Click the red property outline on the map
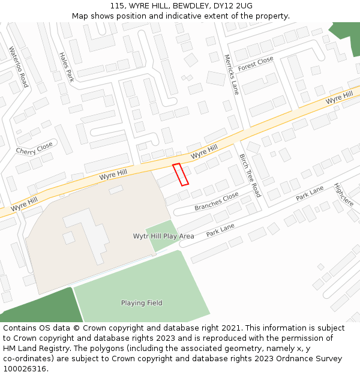pyautogui.click(x=181, y=174)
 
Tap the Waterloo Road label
pyautogui.click(x=19, y=67)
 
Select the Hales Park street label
pyautogui.click(x=67, y=67)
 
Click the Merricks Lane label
pyautogui.click(x=231, y=75)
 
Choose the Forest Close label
pyautogui.click(x=256, y=64)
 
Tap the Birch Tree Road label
pyautogui.click(x=250, y=175)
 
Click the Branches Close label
pyautogui.click(x=217, y=202)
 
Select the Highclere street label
pyautogui.click(x=344, y=194)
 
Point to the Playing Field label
pyautogui.click(x=142, y=303)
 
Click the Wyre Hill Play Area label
pyautogui.click(x=163, y=236)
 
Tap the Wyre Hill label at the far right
pyautogui.click(x=340, y=98)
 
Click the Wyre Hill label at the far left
pyautogui.click(x=24, y=203)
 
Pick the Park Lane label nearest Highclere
pyautogui.click(x=310, y=193)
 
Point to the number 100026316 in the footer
pyautogui.click(x=25, y=369)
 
